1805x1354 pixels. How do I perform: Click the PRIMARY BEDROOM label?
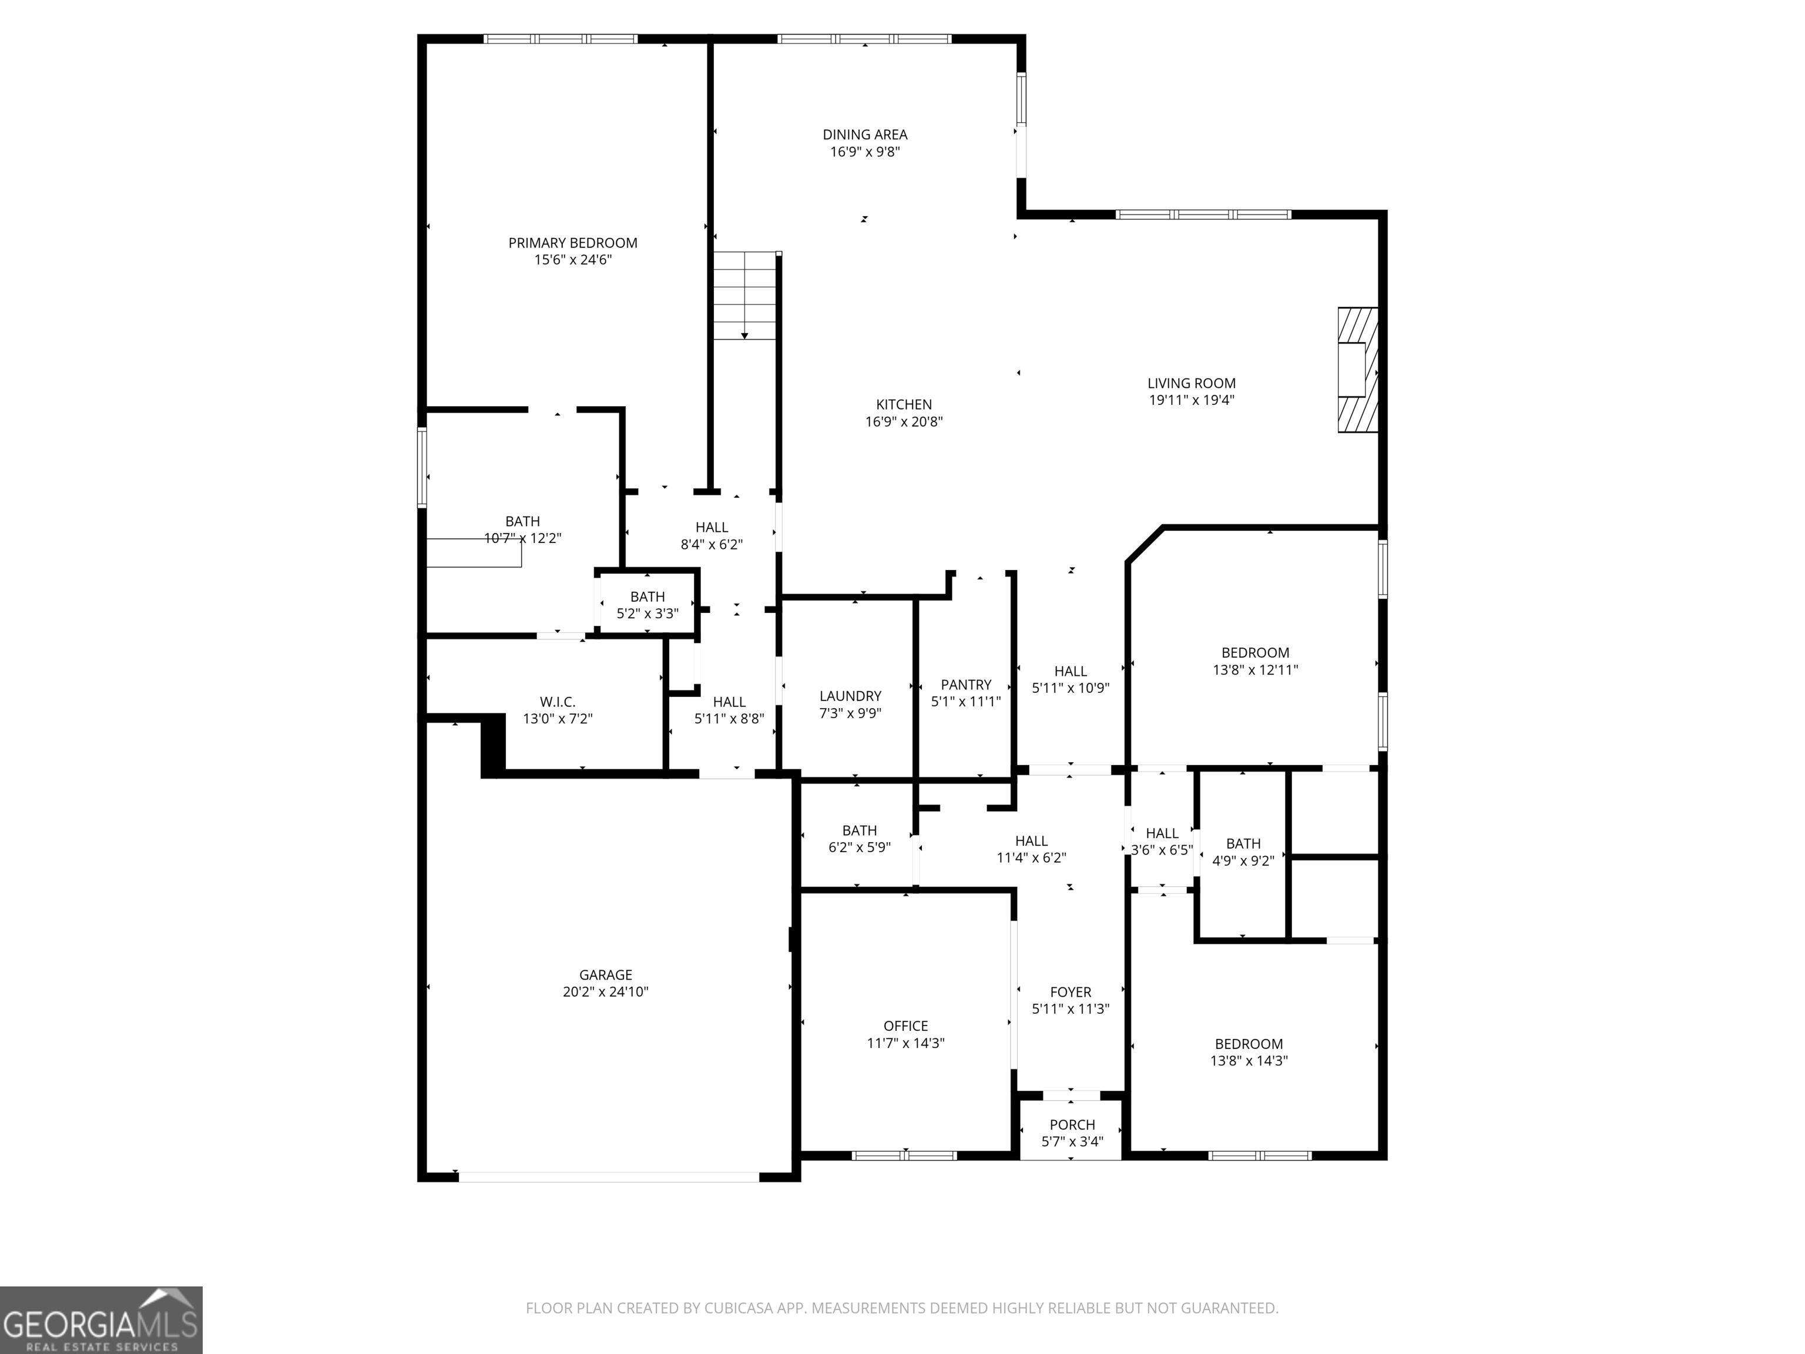click(x=573, y=242)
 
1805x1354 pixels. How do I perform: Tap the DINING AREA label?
click(x=865, y=135)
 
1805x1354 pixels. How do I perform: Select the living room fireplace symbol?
click(x=1357, y=370)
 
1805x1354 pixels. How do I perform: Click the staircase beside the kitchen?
click(x=744, y=296)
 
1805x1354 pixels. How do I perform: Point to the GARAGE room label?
click(x=605, y=974)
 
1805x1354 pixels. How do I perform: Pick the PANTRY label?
click(x=966, y=685)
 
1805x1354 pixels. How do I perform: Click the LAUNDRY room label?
click(x=850, y=696)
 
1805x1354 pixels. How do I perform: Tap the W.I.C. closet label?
click(x=558, y=702)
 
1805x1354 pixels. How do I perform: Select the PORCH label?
click(x=1072, y=1125)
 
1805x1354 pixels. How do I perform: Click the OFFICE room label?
click(x=906, y=1026)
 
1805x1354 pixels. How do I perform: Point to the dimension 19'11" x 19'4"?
click(x=1192, y=400)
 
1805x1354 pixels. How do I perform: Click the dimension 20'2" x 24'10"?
click(x=605, y=991)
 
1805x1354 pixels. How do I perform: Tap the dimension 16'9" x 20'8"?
click(x=904, y=421)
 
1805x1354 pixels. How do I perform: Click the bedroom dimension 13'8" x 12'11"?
click(x=1255, y=669)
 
